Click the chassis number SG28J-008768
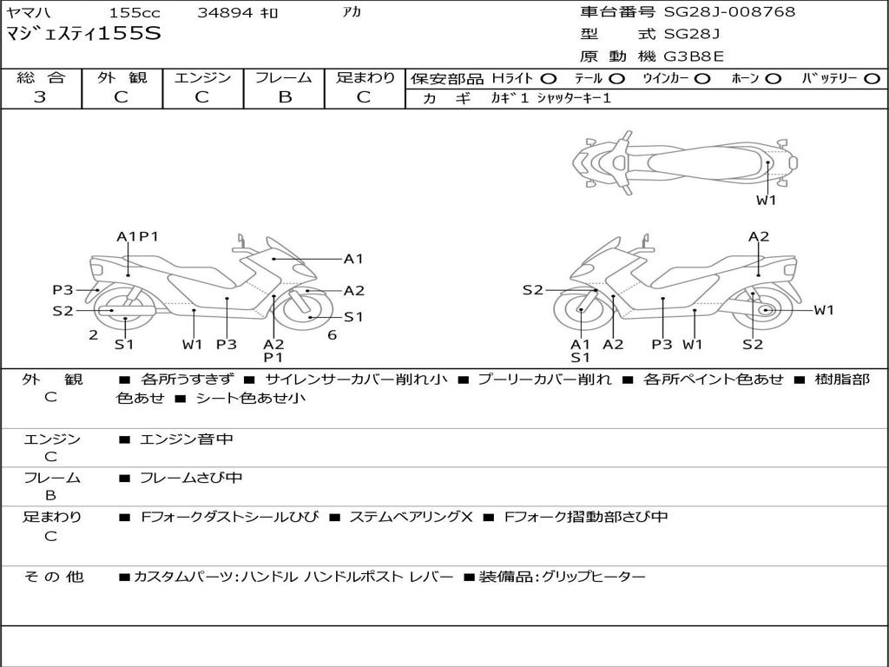pyautogui.click(x=729, y=11)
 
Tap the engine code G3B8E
pyautogui.click(x=694, y=56)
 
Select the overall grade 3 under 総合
pyautogui.click(x=40, y=96)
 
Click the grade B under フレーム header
pyautogui.click(x=285, y=97)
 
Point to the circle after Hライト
pyautogui.click(x=548, y=79)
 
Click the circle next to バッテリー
pyautogui.click(x=872, y=79)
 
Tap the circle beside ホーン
pyautogui.click(x=774, y=79)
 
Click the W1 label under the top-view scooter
pyautogui.click(x=767, y=200)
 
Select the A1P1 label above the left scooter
pyautogui.click(x=137, y=236)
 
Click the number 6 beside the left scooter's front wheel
pyautogui.click(x=333, y=335)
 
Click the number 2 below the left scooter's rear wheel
pyautogui.click(x=94, y=335)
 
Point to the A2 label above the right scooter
pyautogui.click(x=759, y=236)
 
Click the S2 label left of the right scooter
pyautogui.click(x=533, y=290)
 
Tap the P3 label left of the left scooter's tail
pyautogui.click(x=63, y=290)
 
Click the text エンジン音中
pyautogui.click(x=187, y=439)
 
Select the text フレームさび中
pyautogui.click(x=191, y=478)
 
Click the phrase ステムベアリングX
pyautogui.click(x=411, y=517)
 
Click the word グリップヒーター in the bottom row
pyautogui.click(x=594, y=577)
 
